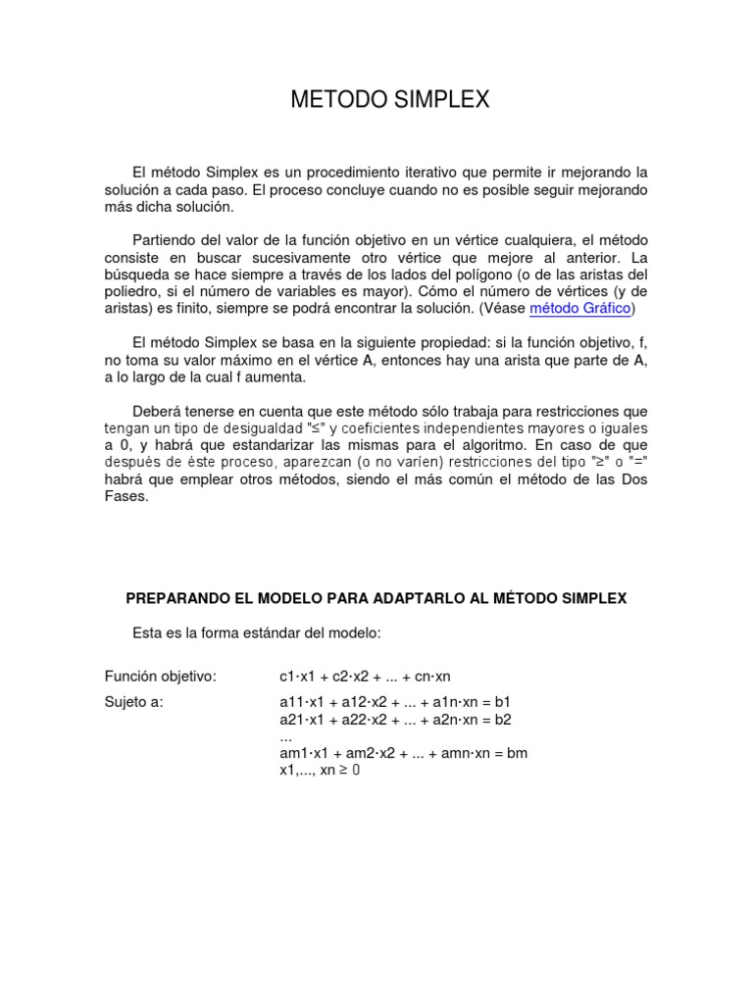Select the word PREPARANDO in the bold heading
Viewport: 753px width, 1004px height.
click(175, 597)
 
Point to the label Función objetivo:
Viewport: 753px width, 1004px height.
click(160, 677)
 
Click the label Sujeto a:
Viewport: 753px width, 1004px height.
click(134, 702)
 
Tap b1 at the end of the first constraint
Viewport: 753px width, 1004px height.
click(502, 702)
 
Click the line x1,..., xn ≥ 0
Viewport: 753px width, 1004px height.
click(320, 771)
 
